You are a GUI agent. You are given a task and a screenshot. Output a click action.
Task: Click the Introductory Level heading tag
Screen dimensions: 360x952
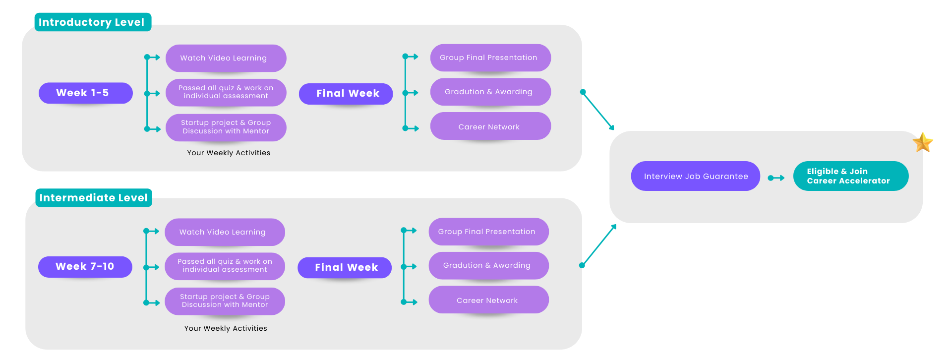pos(92,22)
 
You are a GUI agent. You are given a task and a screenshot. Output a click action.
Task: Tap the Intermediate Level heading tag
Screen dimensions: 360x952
pos(93,198)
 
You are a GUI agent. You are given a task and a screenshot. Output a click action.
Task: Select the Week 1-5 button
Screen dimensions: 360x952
pos(85,93)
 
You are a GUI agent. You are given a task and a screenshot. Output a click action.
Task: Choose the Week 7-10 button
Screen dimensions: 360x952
pos(85,267)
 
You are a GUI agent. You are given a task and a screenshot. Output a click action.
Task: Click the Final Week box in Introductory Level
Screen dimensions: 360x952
pos(346,94)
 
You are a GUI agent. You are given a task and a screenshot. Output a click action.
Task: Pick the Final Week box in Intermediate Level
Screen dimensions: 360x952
pos(345,268)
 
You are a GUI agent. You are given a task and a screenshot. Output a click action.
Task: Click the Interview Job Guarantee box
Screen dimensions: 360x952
pos(695,176)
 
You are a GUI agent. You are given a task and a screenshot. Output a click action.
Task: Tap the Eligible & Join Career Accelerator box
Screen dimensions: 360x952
pos(850,176)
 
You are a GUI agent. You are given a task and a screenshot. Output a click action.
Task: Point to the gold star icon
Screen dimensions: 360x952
pos(923,143)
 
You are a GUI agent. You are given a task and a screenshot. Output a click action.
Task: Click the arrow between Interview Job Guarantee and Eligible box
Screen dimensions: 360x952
pos(776,178)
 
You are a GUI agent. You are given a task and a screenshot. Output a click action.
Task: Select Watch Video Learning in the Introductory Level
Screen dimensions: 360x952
pos(226,58)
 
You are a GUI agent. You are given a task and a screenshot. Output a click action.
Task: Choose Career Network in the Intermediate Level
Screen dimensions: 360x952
pos(488,300)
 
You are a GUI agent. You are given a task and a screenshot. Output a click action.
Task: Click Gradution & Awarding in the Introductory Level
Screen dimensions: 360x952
pos(490,92)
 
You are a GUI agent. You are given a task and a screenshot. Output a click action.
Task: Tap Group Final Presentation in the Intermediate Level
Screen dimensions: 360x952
pos(488,232)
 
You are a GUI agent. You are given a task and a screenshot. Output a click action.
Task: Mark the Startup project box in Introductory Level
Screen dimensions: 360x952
pos(226,127)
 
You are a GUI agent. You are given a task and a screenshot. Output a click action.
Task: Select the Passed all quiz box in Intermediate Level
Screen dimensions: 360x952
pos(225,266)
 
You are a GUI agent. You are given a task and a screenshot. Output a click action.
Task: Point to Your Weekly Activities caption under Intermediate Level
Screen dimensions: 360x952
pos(226,328)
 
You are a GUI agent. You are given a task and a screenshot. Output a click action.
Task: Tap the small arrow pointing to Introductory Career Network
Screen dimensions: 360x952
pos(412,128)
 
